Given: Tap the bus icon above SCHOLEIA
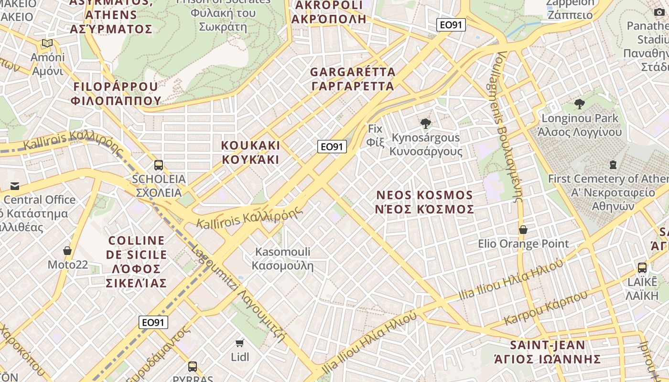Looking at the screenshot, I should [x=159, y=165].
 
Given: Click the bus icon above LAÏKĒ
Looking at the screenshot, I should [x=642, y=267].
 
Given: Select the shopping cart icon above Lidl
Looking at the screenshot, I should [x=240, y=343].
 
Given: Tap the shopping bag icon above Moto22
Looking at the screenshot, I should [x=67, y=251].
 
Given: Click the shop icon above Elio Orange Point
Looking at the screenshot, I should [x=523, y=230].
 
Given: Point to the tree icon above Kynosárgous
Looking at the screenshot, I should [x=425, y=124].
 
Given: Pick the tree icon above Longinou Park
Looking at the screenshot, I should [x=580, y=104].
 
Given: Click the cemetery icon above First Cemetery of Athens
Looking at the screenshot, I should [x=613, y=165].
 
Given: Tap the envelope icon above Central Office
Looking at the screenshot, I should [x=15, y=186].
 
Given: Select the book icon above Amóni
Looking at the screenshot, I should [x=47, y=43].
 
